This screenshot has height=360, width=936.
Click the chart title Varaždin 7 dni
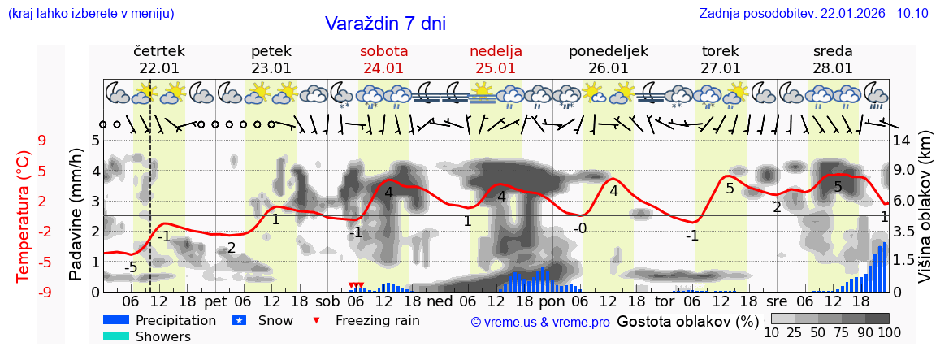pyautogui.click(x=385, y=24)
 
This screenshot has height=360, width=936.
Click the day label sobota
pyautogui.click(x=383, y=51)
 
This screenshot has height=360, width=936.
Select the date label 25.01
pyautogui.click(x=496, y=68)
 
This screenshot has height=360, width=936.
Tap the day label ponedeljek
pyautogui.click(x=609, y=51)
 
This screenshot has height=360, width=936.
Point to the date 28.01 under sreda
pyautogui.click(x=833, y=68)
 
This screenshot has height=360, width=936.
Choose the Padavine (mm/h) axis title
pyautogui.click(x=76, y=215)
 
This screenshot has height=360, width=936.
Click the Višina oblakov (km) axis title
pyautogui.click(x=925, y=215)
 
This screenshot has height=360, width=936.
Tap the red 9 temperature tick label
pyautogui.click(x=42, y=141)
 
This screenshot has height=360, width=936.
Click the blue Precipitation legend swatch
pyautogui.click(x=116, y=320)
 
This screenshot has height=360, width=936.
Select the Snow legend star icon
pyautogui.click(x=239, y=320)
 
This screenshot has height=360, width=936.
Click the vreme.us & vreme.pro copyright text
pyautogui.click(x=540, y=323)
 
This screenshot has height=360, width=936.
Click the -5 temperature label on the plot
pyautogui.click(x=131, y=267)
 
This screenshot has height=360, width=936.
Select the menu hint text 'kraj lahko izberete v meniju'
pyautogui.click(x=90, y=13)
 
